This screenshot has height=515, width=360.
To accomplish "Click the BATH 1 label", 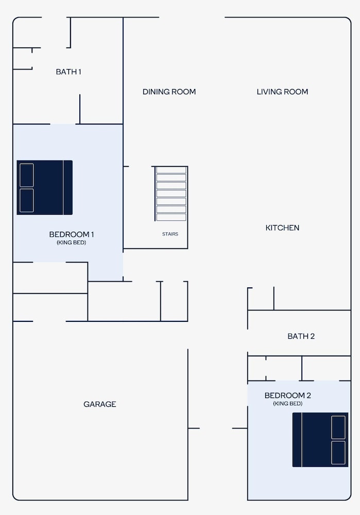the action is click(68, 72).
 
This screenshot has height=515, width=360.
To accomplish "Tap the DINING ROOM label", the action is click(169, 92).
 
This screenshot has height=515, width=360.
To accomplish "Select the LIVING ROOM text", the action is click(282, 92).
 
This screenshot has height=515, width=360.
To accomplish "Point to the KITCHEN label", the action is click(282, 228).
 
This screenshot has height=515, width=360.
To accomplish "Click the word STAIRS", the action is click(170, 234).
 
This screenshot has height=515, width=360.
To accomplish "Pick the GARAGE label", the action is click(100, 404).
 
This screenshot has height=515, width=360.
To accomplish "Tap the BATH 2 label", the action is click(301, 336).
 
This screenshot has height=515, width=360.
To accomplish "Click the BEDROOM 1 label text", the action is click(72, 234).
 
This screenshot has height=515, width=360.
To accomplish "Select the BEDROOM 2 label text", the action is click(288, 395).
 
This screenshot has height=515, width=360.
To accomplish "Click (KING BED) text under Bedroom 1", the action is click(71, 243).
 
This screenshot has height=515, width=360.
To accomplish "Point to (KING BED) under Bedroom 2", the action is click(288, 404).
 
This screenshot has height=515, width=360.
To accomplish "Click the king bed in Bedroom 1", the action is click(45, 187).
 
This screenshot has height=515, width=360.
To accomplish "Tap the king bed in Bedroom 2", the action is click(320, 440).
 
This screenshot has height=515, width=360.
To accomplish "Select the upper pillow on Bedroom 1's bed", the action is click(27, 175).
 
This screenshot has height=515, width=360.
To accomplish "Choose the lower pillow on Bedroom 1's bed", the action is click(27, 200).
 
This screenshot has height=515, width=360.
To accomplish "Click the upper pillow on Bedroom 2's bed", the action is click(338, 427).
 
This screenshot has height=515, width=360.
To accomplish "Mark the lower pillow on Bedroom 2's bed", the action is click(338, 453).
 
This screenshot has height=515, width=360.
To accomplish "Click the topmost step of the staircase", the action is click(171, 170).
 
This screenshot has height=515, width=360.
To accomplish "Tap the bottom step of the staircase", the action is click(171, 217).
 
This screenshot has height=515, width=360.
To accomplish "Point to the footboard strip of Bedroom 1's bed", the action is click(68, 187).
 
